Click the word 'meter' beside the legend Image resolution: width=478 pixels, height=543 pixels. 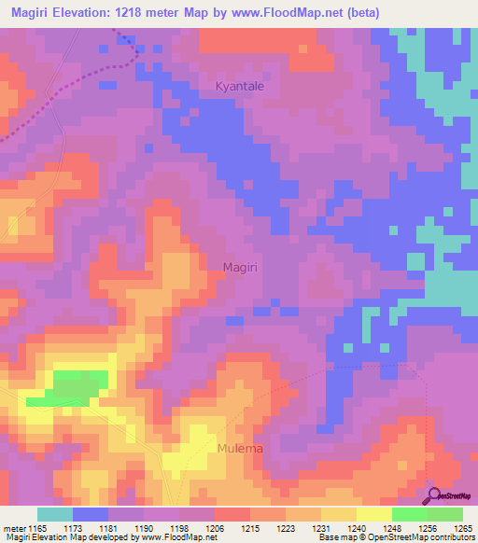coord(14,528)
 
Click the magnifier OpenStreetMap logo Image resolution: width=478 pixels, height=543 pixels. coord(434,496)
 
